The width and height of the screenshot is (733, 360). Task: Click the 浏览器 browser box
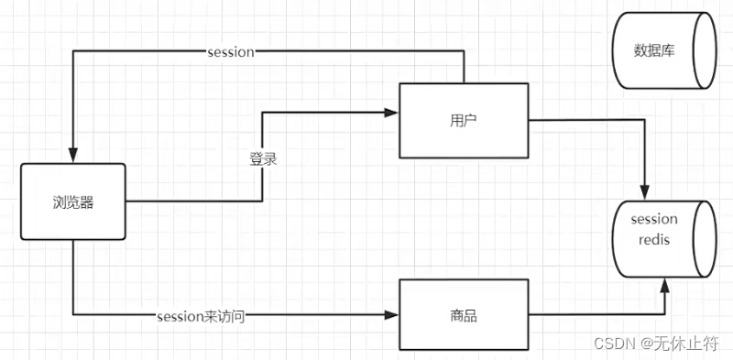click(x=72, y=202)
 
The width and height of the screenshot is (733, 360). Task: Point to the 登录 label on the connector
click(x=263, y=158)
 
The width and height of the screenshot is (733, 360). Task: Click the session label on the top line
click(x=230, y=52)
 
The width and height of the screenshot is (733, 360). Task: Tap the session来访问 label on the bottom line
click(x=201, y=316)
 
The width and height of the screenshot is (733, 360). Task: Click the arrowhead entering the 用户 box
click(x=392, y=113)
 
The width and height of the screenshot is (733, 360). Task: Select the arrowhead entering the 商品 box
click(x=392, y=316)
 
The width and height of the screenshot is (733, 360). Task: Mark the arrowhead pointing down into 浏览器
click(x=72, y=157)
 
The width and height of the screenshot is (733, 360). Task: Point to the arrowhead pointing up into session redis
click(x=666, y=287)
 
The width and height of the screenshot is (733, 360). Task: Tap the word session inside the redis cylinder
click(x=654, y=219)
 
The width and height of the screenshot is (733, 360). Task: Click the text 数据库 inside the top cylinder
click(x=654, y=50)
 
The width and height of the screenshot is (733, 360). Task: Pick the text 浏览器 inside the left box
click(x=72, y=202)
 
